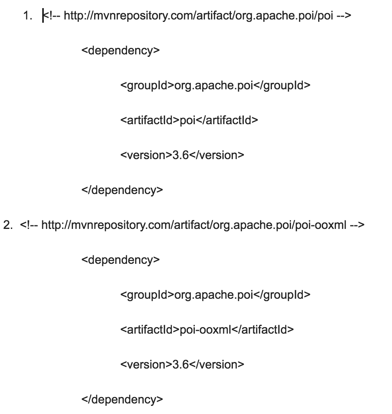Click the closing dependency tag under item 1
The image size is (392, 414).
122,190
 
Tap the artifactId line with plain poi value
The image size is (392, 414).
189,121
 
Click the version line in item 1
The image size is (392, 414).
182,155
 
